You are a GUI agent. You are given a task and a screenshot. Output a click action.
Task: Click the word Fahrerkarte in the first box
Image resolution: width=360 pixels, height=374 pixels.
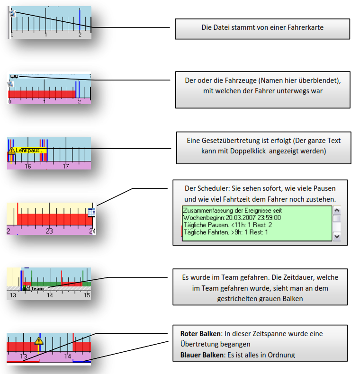[307, 27]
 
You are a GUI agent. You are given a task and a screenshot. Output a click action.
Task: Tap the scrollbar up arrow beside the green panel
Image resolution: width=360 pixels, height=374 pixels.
[337, 210]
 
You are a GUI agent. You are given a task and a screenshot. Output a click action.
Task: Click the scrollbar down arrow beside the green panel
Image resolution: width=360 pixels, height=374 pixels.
[337, 236]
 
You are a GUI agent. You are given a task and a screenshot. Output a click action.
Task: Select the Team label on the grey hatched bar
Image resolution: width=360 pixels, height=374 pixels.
[37, 288]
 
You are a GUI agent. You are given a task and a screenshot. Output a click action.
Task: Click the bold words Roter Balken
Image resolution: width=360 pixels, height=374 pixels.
[199, 334]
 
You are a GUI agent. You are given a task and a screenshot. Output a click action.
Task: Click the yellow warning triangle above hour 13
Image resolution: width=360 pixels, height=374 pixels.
[39, 340]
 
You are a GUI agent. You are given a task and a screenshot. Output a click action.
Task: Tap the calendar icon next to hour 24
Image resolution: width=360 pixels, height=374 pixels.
[92, 213]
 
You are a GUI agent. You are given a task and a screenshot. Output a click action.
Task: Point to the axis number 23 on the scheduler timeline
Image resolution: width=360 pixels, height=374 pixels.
[49, 231]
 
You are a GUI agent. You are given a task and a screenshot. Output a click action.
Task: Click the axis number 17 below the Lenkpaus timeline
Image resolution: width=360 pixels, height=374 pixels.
[66, 166]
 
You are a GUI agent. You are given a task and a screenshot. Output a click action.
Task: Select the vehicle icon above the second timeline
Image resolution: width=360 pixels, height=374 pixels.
[14, 76]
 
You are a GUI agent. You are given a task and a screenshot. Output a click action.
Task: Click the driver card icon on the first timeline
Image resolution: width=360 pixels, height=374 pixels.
[13, 14]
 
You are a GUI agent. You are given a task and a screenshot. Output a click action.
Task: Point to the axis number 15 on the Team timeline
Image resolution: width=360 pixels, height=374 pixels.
[87, 295]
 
